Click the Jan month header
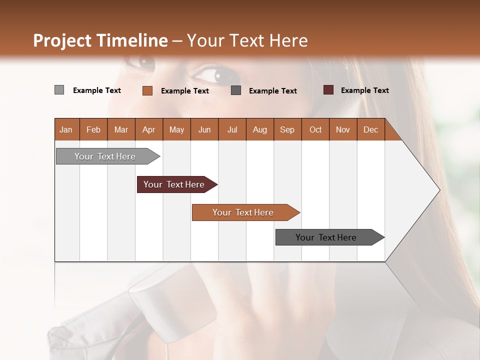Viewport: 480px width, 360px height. point(66,129)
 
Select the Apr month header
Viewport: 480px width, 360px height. point(148,129)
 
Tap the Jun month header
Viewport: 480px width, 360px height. point(204,129)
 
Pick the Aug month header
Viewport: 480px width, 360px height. point(259,129)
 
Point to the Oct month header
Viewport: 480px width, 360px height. point(315,129)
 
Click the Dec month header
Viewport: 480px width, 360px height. point(370,129)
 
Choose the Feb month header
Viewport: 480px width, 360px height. point(93,129)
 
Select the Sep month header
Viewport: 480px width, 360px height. point(287,129)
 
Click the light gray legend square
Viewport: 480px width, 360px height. point(59,90)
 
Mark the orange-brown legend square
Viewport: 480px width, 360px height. point(147,90)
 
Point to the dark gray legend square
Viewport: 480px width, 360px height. point(236,90)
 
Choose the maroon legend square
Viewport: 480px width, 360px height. point(328,90)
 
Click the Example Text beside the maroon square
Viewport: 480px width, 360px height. point(364,90)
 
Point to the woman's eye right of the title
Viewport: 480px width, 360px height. point(212,74)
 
